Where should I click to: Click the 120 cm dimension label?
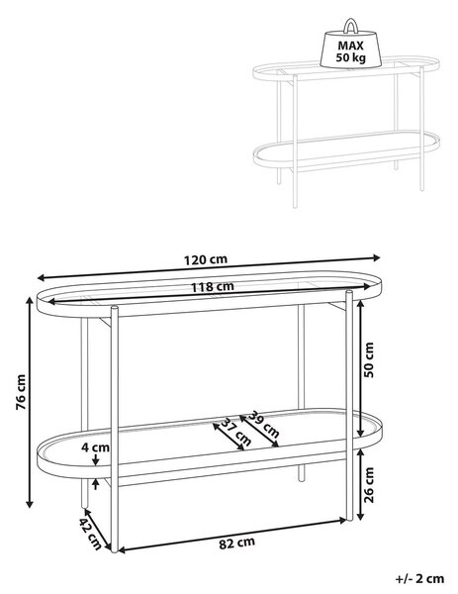(206, 259)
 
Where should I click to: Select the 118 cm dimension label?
(212, 287)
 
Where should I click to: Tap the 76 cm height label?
(21, 392)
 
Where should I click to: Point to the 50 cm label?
(368, 360)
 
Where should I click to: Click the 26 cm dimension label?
(368, 485)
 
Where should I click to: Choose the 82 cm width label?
(237, 543)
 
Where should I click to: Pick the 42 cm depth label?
(90, 534)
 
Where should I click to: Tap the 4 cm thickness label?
(95, 447)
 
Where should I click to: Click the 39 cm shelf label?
(264, 425)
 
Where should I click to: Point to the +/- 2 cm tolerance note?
(419, 578)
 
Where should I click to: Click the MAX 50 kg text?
(351, 51)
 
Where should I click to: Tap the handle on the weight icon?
(350, 24)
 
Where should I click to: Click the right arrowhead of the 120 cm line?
(377, 258)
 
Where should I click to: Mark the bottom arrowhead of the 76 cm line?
(29, 504)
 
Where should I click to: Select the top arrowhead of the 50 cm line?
(360, 304)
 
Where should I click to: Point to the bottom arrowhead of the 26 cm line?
(360, 516)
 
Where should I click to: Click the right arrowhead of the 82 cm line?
(343, 520)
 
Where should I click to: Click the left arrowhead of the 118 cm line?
(49, 302)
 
